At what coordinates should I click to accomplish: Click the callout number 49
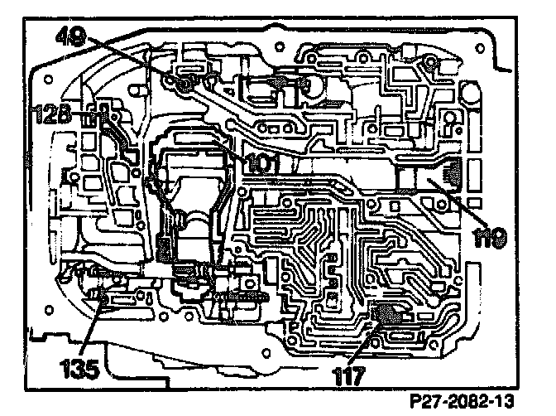70,36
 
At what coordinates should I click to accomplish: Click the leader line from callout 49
132,60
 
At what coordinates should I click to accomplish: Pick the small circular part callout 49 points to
182,83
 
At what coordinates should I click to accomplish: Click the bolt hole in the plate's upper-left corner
49,79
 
